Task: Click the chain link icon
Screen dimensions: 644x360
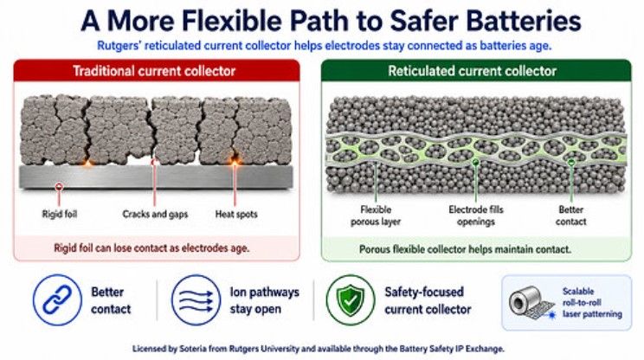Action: [x=57, y=300]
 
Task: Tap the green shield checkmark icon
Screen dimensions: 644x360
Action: [x=351, y=300]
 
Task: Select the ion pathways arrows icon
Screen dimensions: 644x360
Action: [x=196, y=300]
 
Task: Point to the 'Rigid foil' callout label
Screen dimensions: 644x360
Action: [x=60, y=214]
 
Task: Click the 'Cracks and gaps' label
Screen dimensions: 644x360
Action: [x=155, y=214]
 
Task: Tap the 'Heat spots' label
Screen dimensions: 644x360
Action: [x=236, y=214]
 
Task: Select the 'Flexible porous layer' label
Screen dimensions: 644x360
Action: [x=376, y=215]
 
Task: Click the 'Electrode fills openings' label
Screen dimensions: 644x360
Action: [x=476, y=215]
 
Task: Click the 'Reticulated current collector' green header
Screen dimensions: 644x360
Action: [x=476, y=71]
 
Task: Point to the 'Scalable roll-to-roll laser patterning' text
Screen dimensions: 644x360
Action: [x=592, y=303]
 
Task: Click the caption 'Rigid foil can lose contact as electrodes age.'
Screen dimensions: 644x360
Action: [x=151, y=248]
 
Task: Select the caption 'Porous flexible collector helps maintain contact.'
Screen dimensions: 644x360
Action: [x=465, y=249]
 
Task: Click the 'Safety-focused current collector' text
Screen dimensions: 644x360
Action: [x=428, y=300]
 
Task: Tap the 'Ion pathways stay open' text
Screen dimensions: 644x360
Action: [x=265, y=300]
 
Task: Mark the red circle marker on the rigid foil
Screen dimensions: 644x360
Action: [x=59, y=187]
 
